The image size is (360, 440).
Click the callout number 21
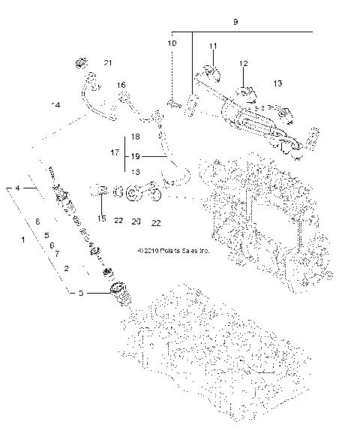coord(106,63)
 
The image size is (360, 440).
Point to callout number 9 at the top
coord(235,23)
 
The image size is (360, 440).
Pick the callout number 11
coord(213,47)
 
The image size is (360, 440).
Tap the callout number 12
coord(243,64)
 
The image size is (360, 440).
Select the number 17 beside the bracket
coord(115,152)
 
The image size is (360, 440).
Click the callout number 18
coord(135,137)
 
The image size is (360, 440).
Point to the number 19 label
coord(135,156)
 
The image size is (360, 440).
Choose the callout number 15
coord(102,218)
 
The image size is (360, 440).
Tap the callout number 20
coord(136,222)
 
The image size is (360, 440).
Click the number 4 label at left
coord(17,187)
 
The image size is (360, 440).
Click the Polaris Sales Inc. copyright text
coord(173,252)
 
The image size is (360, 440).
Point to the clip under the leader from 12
coord(245,93)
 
